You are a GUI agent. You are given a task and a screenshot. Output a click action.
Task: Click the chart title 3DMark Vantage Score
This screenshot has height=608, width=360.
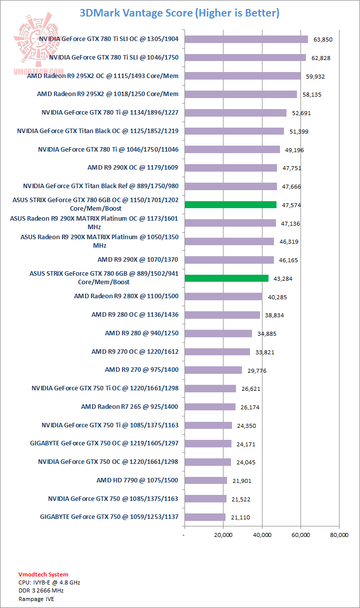(179, 13)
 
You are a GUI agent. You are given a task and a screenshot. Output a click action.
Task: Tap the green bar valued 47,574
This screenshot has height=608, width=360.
(230, 205)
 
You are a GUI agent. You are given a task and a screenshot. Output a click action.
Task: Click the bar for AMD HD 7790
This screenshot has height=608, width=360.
(205, 480)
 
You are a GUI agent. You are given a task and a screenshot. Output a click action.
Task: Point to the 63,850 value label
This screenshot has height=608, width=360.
(323, 40)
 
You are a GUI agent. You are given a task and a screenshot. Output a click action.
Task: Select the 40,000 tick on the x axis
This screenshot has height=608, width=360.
(262, 535)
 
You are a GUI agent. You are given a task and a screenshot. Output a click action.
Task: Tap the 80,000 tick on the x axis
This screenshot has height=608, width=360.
(339, 535)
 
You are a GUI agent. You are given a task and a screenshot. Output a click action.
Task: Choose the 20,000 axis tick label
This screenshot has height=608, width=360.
(223, 535)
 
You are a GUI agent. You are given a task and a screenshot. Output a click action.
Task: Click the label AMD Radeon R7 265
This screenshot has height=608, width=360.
(129, 407)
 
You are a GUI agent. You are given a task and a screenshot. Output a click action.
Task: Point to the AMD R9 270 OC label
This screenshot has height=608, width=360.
(134, 351)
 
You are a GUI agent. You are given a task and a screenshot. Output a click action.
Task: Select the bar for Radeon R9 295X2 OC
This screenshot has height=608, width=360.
(242, 76)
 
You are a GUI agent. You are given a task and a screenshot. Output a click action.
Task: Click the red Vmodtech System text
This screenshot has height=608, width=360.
(43, 574)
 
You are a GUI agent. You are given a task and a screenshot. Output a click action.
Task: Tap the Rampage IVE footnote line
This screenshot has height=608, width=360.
(36, 598)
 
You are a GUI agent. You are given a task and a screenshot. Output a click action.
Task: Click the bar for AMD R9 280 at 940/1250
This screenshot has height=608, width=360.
(218, 333)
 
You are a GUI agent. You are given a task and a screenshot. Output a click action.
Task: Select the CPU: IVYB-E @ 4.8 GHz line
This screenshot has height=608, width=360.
(49, 582)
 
